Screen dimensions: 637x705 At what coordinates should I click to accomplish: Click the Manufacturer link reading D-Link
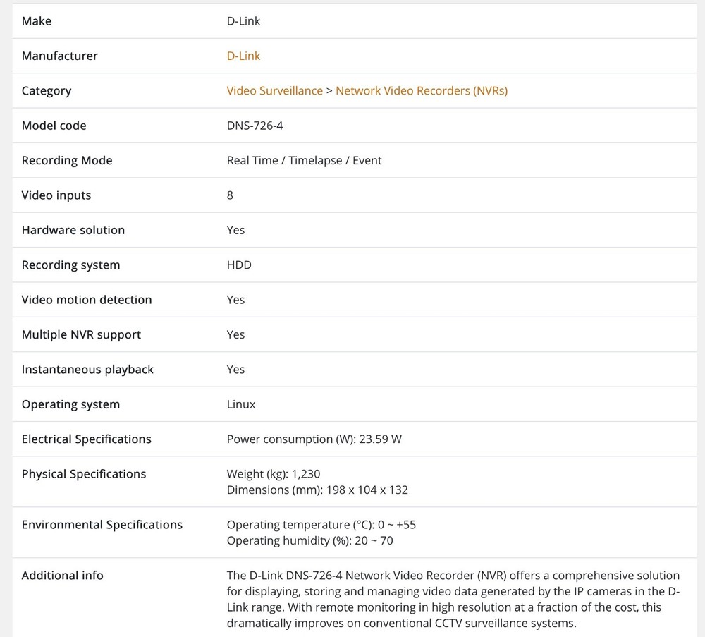click(x=243, y=56)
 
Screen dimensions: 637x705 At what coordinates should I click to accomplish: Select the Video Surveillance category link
click(x=274, y=91)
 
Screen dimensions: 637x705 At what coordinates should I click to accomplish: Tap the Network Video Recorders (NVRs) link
click(x=422, y=91)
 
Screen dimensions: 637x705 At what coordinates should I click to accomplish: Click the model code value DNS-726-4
click(x=255, y=126)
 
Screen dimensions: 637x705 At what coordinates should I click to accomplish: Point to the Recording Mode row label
click(x=67, y=160)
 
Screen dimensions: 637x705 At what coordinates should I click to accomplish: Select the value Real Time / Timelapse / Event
click(x=304, y=160)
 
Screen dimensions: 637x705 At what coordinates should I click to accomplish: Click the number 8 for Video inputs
click(x=230, y=195)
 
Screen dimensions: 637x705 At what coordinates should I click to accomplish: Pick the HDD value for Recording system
click(x=239, y=265)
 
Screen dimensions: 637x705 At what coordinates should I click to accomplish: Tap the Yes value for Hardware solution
click(x=235, y=230)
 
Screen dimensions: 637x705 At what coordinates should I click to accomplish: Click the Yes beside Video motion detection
click(x=235, y=300)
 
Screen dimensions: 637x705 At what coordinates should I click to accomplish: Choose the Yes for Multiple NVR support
click(x=235, y=334)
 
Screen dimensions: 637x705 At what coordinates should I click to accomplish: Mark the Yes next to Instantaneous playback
click(x=235, y=370)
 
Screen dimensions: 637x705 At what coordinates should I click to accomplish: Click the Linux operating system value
click(x=241, y=404)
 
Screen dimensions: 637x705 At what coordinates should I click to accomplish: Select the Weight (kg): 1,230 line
click(x=274, y=474)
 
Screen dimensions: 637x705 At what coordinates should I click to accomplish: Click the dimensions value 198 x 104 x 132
click(x=367, y=490)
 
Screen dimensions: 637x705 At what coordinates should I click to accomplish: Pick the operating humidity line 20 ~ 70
click(x=309, y=540)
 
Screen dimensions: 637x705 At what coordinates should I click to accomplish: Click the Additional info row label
click(x=63, y=576)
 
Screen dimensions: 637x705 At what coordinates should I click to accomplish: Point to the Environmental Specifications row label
click(x=102, y=525)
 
